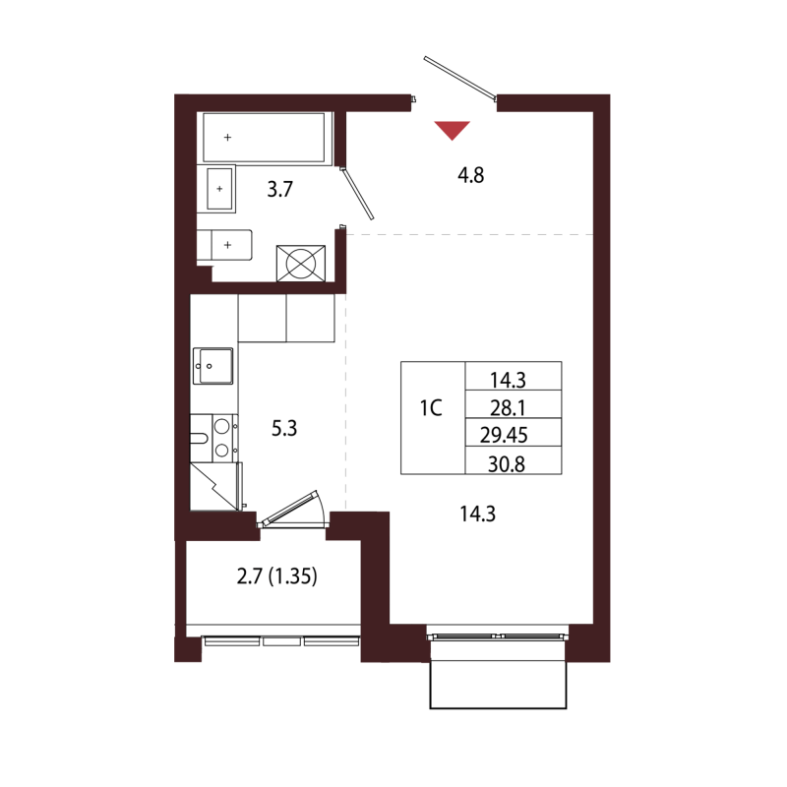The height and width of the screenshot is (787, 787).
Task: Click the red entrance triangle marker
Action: pyautogui.click(x=453, y=129)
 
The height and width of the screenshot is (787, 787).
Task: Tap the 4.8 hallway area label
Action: pyautogui.click(x=471, y=175)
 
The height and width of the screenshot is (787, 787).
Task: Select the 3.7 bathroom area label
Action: pyautogui.click(x=279, y=189)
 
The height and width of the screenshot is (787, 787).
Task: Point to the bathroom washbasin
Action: pyautogui.click(x=220, y=189)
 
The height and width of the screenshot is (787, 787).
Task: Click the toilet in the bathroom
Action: pyautogui.click(x=224, y=245)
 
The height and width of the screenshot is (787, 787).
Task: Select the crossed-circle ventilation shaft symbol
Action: pyautogui.click(x=301, y=263)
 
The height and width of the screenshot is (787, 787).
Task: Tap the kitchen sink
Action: pyautogui.click(x=213, y=366)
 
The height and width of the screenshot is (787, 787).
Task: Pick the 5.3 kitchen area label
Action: pyautogui.click(x=284, y=428)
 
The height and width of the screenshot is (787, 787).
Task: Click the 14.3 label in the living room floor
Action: pyautogui.click(x=478, y=514)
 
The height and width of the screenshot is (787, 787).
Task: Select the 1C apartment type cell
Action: pyautogui.click(x=431, y=408)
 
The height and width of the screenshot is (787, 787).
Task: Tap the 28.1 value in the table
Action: pyautogui.click(x=508, y=408)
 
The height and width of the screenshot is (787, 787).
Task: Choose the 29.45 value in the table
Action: pyautogui.click(x=504, y=435)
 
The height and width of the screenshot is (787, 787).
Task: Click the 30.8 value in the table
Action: pyautogui.click(x=507, y=464)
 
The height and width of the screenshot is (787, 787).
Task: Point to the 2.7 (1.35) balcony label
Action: pyautogui.click(x=277, y=576)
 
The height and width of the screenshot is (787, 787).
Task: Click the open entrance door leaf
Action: pyautogui.click(x=459, y=77)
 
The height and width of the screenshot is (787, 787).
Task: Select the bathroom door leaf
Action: pyautogui.click(x=358, y=194)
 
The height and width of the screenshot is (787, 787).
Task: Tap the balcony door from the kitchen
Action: pyautogui.click(x=290, y=509)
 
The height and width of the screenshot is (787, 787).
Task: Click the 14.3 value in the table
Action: pyautogui.click(x=508, y=380)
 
